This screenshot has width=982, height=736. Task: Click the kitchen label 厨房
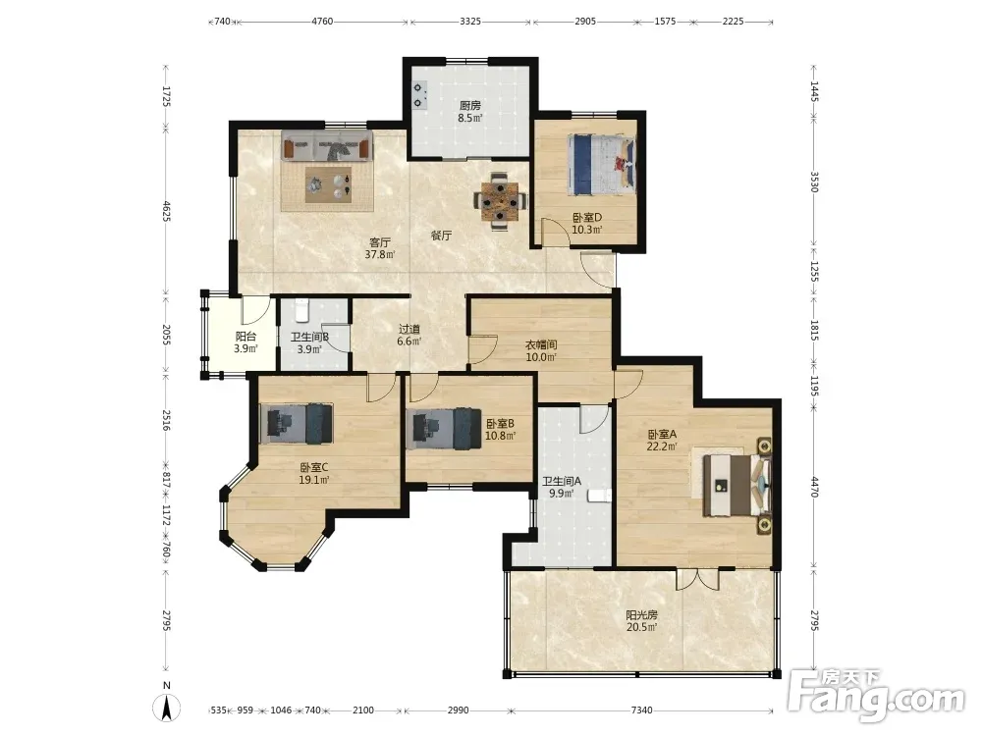[470, 106]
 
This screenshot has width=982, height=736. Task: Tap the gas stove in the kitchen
[418, 94]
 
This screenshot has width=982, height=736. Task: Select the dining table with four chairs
[500, 201]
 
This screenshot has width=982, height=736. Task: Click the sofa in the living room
[326, 146]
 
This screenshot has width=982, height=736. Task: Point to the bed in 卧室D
[601, 164]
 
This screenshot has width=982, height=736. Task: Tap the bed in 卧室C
[297, 424]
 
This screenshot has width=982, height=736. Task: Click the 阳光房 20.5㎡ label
[642, 621]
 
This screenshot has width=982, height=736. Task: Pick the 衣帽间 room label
[541, 344]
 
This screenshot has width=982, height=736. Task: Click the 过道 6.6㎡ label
[409, 335]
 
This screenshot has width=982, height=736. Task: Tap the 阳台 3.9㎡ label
[246, 342]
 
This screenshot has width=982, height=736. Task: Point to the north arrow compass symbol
[167, 704]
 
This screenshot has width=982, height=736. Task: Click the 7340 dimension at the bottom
[641, 710]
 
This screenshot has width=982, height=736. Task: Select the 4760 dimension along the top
[322, 22]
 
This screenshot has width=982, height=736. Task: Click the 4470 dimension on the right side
[814, 487]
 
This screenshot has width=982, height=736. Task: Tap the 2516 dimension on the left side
[167, 420]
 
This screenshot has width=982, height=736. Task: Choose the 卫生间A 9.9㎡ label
[562, 487]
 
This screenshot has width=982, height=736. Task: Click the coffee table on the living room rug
[328, 184]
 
